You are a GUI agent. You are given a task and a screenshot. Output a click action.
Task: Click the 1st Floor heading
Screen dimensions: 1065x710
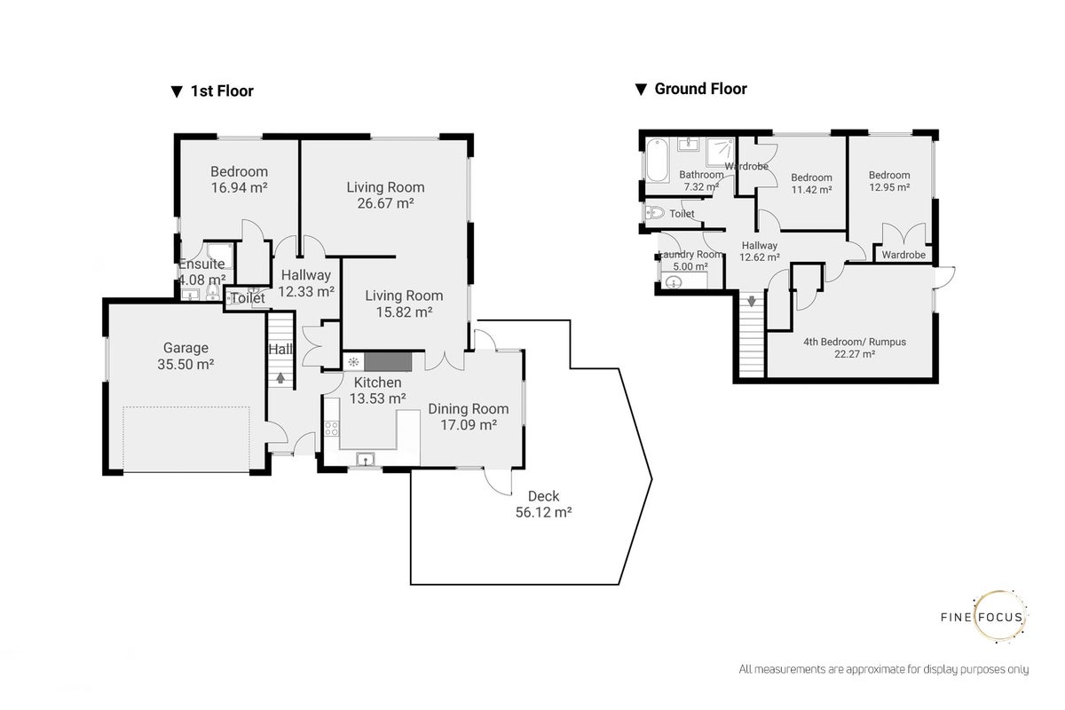coord(222,91)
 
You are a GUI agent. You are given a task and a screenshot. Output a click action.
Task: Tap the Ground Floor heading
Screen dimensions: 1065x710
coord(700,89)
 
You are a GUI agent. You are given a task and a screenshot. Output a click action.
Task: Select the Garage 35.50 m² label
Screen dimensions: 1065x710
coord(185,356)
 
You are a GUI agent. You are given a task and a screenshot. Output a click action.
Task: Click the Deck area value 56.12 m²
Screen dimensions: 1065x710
coord(543,512)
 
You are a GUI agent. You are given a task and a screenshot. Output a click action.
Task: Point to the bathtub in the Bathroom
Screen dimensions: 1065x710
coord(657,161)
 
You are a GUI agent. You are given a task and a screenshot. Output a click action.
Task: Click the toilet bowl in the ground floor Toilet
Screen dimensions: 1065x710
coord(655,213)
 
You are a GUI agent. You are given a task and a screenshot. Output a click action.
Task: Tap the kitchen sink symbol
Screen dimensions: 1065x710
coord(365,459)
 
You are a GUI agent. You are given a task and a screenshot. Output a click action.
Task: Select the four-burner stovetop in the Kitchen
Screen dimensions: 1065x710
coord(331,429)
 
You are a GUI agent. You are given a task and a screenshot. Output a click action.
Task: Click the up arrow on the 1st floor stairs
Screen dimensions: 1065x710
coord(280,377)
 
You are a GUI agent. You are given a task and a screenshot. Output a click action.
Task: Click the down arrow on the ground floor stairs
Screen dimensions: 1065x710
coord(751,301)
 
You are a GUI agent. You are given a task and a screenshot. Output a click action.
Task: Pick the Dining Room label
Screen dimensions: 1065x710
coord(469,408)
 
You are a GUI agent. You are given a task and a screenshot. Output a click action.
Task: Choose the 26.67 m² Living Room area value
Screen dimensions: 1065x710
coord(385,203)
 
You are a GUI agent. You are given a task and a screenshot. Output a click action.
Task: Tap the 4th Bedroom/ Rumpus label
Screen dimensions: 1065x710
coord(855,342)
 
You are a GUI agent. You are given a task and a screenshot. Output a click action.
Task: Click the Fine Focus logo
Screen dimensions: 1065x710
coord(984,617)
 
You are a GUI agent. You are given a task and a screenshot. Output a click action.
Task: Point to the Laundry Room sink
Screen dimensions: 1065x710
coord(674,283)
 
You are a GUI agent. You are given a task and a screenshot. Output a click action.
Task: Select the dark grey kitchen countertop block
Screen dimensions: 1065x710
coord(388,362)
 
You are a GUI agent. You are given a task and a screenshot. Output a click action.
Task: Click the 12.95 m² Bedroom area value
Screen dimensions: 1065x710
coord(889,187)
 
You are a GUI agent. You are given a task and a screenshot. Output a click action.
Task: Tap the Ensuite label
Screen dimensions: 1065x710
coord(201,264)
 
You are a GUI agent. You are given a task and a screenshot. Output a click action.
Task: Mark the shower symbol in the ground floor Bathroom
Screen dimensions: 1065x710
coord(720,153)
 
